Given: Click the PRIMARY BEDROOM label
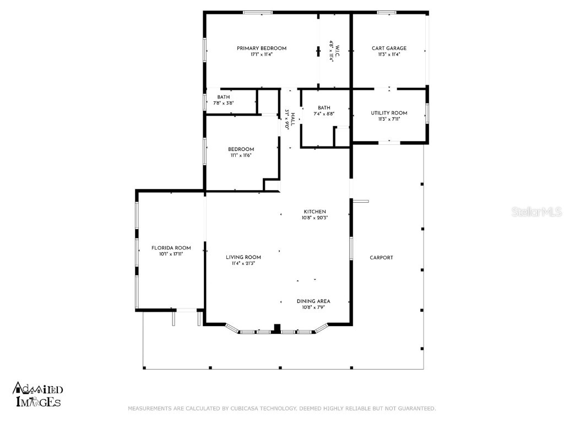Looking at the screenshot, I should (261, 48).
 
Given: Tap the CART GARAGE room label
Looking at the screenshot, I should (389, 48).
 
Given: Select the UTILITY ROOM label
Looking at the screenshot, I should (389, 113).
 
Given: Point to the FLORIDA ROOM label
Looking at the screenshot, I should (171, 248).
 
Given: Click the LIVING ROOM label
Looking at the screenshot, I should (243, 257).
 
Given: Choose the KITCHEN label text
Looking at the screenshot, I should (315, 211).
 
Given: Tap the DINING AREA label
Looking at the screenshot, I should (313, 301).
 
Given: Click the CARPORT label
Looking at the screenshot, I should (381, 257).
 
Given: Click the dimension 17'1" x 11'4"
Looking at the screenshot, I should (261, 55).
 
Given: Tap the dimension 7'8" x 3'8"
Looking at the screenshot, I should (224, 103).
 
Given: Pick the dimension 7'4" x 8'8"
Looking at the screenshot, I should (324, 114).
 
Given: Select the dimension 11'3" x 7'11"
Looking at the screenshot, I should (389, 119).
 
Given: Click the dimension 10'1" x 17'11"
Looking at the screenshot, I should (171, 254).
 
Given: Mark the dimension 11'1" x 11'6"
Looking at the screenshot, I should (241, 156).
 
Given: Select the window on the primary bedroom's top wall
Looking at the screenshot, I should (258, 12).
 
